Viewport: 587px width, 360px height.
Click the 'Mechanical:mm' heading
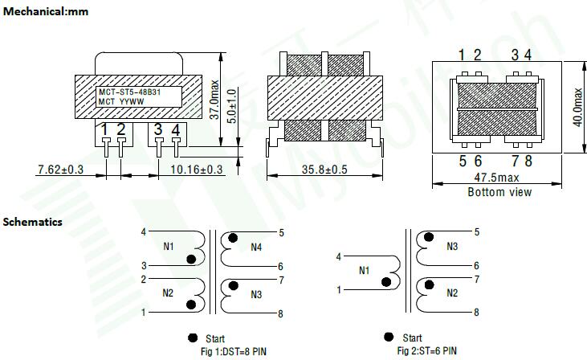pos(45,11)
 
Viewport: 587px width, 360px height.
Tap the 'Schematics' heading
pos(33,222)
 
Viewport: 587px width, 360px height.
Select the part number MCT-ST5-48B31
pos(129,92)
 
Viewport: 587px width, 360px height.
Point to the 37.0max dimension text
pos(214,100)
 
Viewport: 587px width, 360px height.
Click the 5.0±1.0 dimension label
pos(232,106)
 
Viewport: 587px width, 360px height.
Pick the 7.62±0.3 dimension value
pos(61,170)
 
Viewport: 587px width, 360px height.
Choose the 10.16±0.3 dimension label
pos(197,170)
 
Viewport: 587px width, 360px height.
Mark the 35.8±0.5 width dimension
pos(324,170)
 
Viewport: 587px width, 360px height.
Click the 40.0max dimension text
pos(578,107)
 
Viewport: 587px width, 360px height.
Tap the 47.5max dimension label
pos(497,178)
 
